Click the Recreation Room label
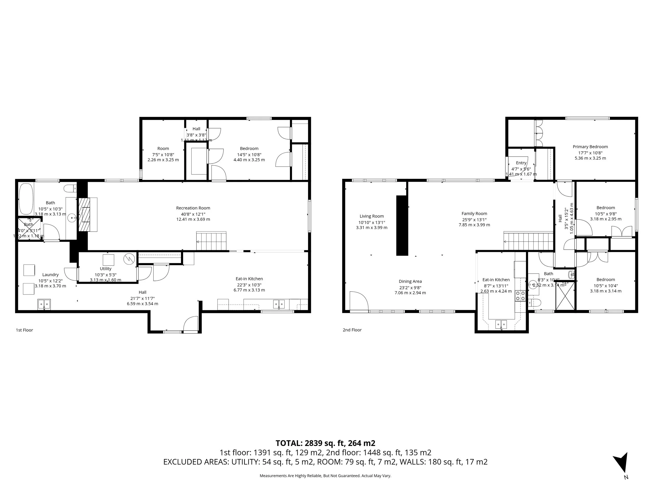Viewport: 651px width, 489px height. click(193, 208)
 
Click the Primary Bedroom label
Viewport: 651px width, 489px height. click(590, 147)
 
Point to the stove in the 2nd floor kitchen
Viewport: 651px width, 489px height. click(520, 296)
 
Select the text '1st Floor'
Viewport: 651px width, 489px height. click(24, 330)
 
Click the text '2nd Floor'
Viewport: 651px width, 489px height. click(352, 330)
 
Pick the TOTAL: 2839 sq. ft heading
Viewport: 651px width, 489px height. click(325, 443)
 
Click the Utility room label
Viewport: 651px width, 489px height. click(105, 269)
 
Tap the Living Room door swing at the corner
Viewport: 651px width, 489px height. click(359, 301)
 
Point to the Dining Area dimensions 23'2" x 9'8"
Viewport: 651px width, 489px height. click(410, 287)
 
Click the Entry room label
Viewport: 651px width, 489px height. click(521, 163)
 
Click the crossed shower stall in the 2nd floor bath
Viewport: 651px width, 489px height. click(565, 296)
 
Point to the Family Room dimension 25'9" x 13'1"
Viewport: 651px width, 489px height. click(474, 220)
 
